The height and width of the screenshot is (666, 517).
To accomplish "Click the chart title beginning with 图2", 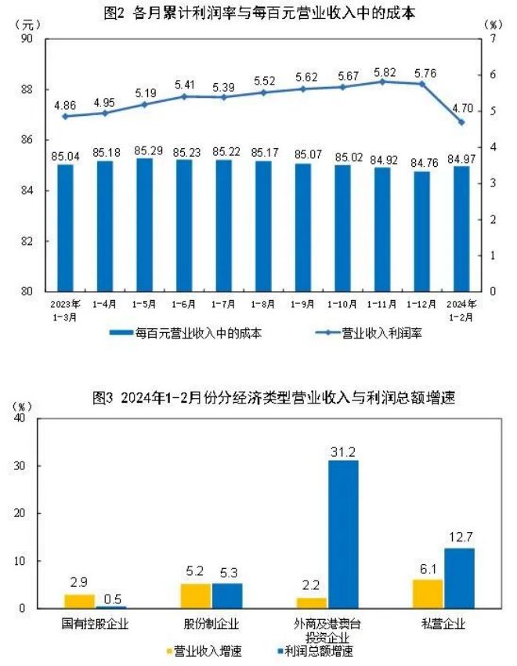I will [259, 13].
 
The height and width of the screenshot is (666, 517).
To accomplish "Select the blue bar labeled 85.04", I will [65, 227].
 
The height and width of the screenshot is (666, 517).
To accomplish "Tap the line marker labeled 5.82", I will [382, 81].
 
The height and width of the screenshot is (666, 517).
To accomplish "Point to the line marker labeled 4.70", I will [461, 121].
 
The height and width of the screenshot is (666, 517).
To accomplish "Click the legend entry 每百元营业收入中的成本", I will [188, 332].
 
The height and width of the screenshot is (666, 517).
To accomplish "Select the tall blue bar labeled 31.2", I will [343, 534].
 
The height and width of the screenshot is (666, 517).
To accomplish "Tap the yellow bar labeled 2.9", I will [79, 601].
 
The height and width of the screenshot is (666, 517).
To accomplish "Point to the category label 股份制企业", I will [211, 624].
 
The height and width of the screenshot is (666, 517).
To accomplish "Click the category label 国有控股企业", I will [95, 624].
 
